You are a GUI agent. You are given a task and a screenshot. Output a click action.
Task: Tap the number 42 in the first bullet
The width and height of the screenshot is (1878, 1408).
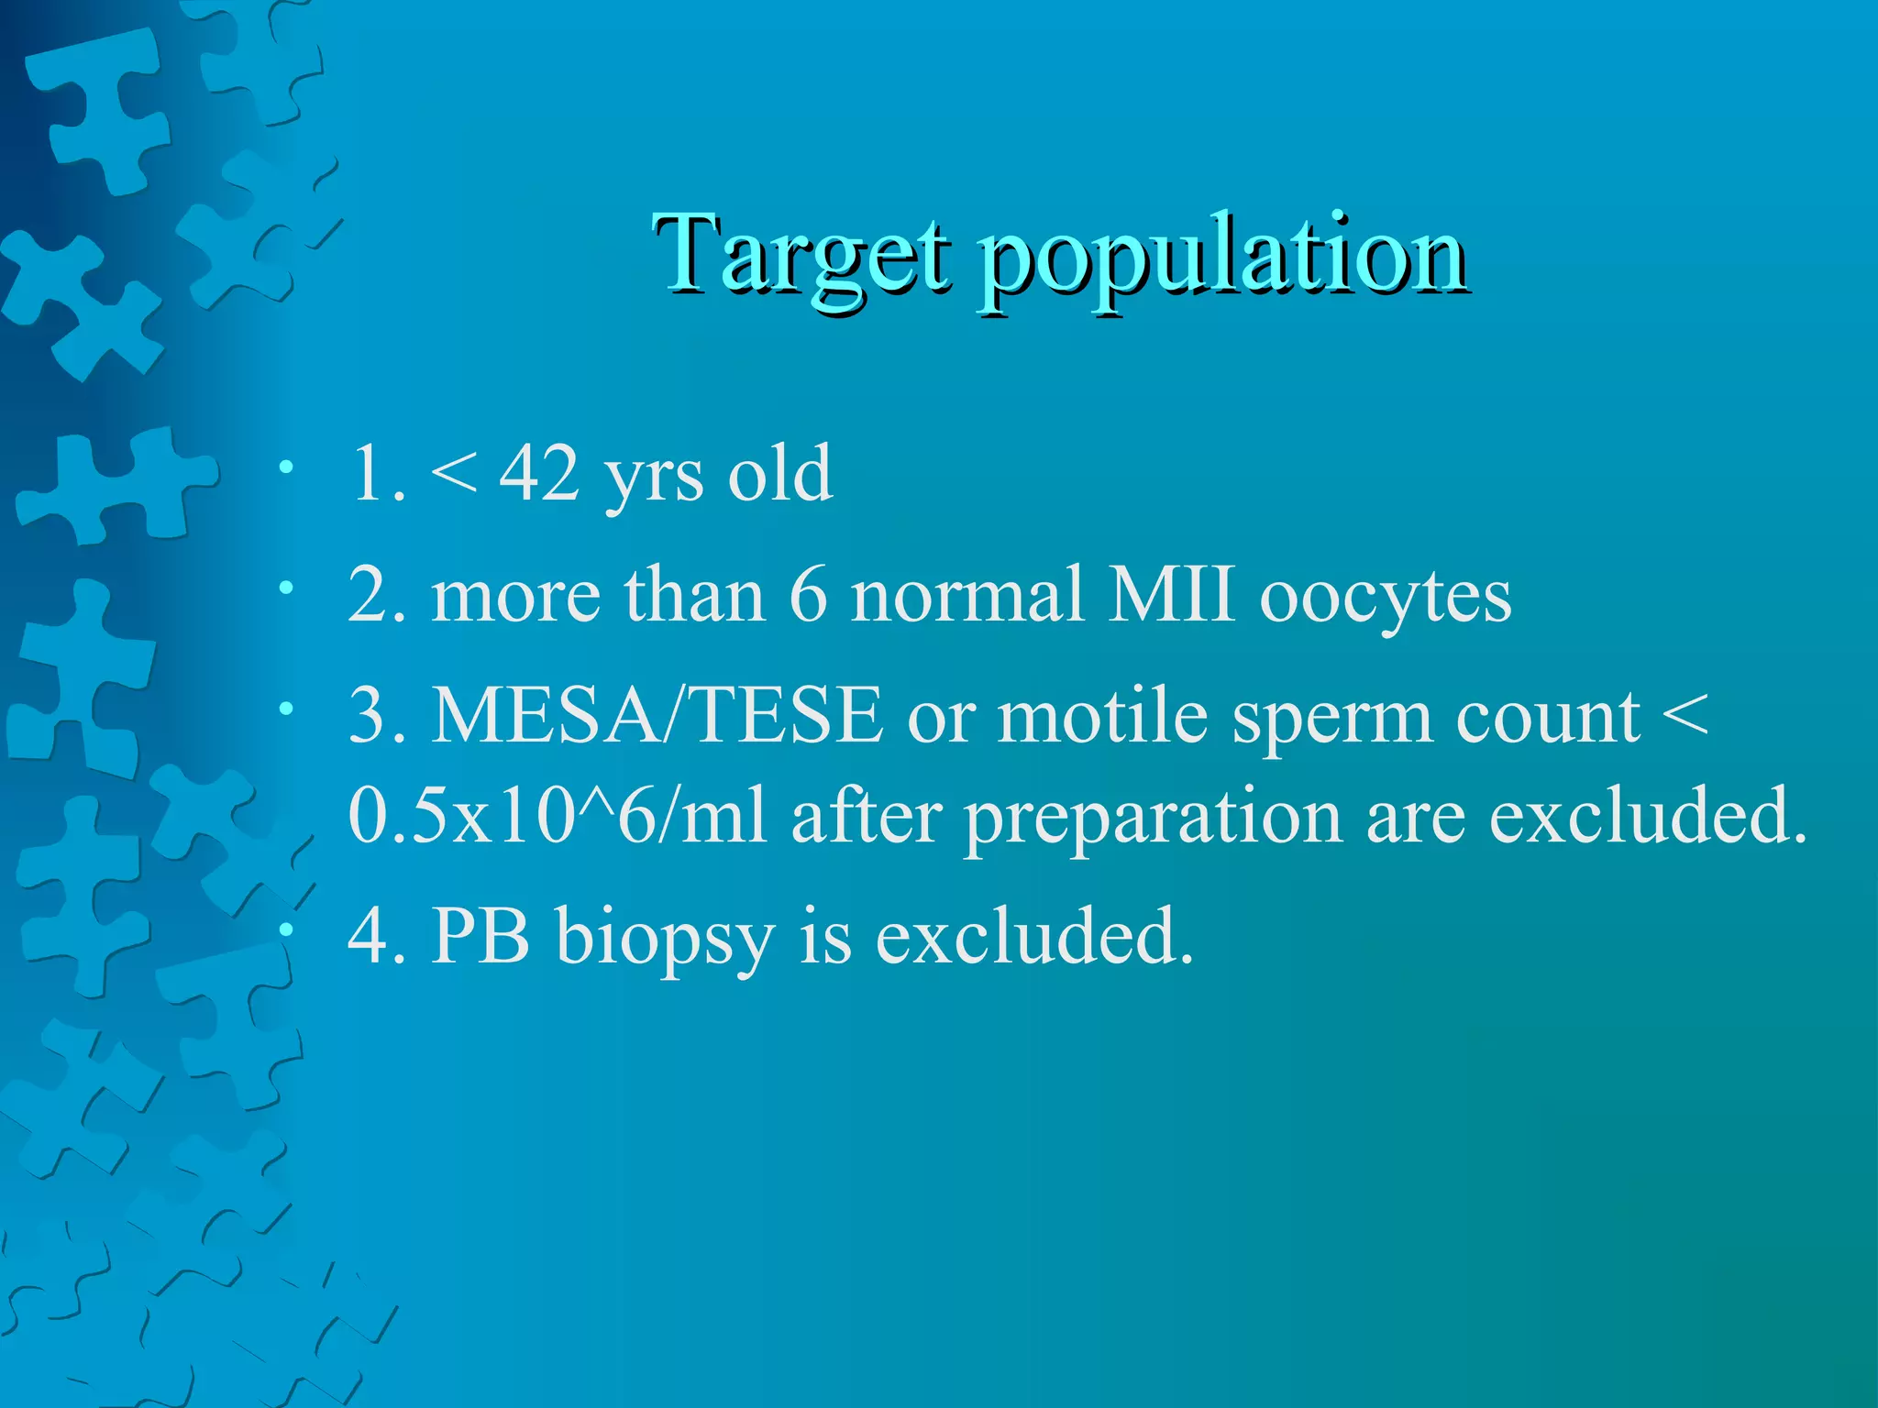tap(538, 474)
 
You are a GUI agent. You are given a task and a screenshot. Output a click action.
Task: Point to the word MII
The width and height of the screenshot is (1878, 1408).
tap(1171, 595)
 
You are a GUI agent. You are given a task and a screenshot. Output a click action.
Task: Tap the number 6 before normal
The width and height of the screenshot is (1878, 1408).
tap(808, 595)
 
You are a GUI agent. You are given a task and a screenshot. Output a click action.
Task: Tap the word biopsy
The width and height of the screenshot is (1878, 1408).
tap(665, 940)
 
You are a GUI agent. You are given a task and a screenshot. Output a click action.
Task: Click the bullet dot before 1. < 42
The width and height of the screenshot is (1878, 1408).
tap(287, 467)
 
